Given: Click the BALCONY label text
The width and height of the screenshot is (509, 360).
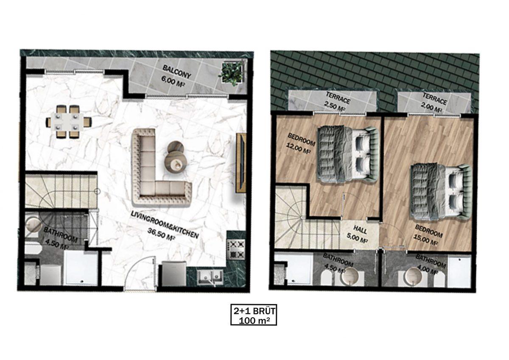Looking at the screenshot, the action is [x=177, y=72].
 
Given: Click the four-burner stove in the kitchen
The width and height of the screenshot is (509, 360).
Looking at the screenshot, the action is [x=237, y=250].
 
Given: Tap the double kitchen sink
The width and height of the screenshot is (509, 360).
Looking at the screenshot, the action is [x=210, y=276].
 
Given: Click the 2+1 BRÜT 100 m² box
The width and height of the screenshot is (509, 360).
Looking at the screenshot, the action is [x=254, y=315].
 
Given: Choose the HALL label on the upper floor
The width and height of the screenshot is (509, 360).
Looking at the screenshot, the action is [x=361, y=229].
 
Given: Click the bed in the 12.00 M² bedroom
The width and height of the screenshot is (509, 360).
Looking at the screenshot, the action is [x=347, y=154].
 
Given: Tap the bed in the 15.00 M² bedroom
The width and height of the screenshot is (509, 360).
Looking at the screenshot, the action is [x=441, y=192].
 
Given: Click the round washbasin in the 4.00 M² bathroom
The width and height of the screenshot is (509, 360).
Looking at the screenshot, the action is [x=413, y=276].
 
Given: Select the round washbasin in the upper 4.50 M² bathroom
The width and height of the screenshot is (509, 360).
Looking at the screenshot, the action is [x=349, y=276].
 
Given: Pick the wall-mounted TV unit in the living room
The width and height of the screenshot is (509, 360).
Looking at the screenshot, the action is [x=241, y=163].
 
